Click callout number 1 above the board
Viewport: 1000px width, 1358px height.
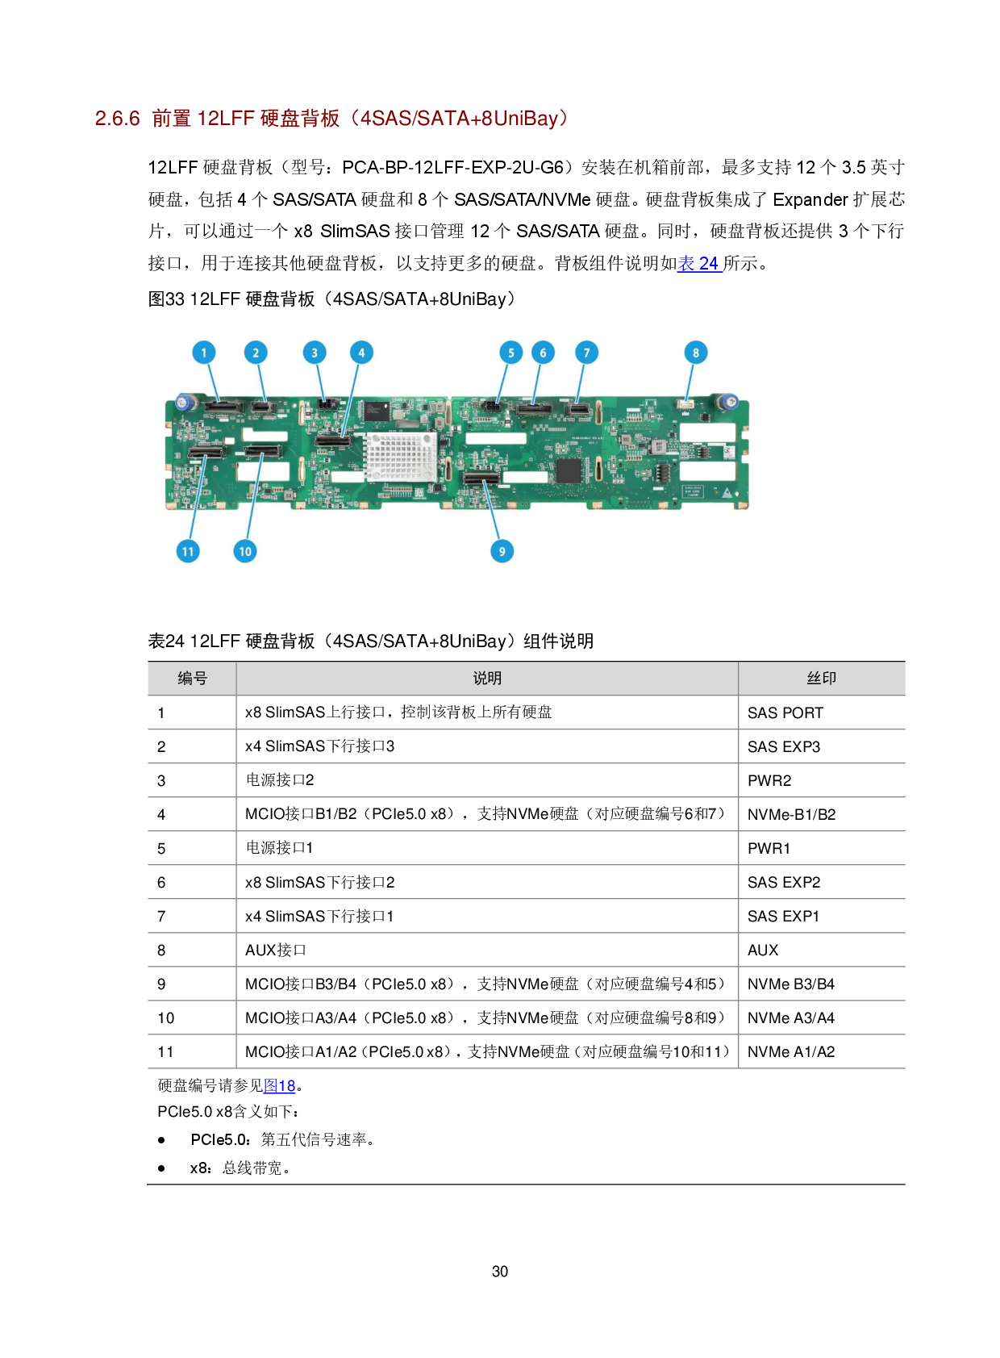tap(204, 353)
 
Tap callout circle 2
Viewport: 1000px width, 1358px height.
tap(256, 353)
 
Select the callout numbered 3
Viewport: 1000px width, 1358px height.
tap(315, 353)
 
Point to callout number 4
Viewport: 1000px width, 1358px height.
tap(361, 353)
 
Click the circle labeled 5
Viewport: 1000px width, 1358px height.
tap(510, 353)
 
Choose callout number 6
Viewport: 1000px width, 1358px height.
tap(543, 353)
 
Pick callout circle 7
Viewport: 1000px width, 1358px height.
tap(586, 353)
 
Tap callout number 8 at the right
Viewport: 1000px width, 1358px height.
tap(696, 353)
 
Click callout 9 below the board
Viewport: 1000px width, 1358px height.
tap(502, 551)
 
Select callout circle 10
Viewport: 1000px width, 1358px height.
tap(245, 551)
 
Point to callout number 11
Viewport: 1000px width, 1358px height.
tap(188, 551)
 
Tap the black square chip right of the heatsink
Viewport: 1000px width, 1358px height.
tap(569, 470)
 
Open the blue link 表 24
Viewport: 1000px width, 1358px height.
tap(699, 264)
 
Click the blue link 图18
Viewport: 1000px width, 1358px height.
tap(279, 1086)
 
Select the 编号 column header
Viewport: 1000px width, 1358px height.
tap(192, 679)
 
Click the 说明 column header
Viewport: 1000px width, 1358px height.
tap(487, 679)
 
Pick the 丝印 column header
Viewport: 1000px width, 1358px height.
tap(821, 679)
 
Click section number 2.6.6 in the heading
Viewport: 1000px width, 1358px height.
tap(118, 119)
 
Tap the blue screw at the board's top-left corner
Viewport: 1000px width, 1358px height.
tap(183, 401)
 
